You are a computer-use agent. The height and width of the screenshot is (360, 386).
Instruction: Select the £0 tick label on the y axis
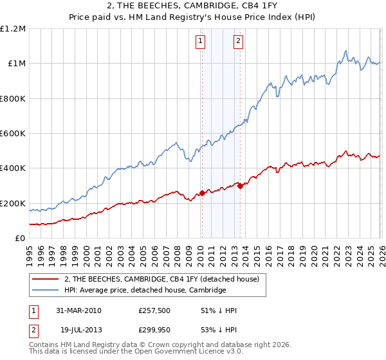click(21, 238)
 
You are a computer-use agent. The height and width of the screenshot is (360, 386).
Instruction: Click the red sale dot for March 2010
click(202, 193)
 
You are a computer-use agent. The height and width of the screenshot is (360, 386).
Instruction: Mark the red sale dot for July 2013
click(240, 186)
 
